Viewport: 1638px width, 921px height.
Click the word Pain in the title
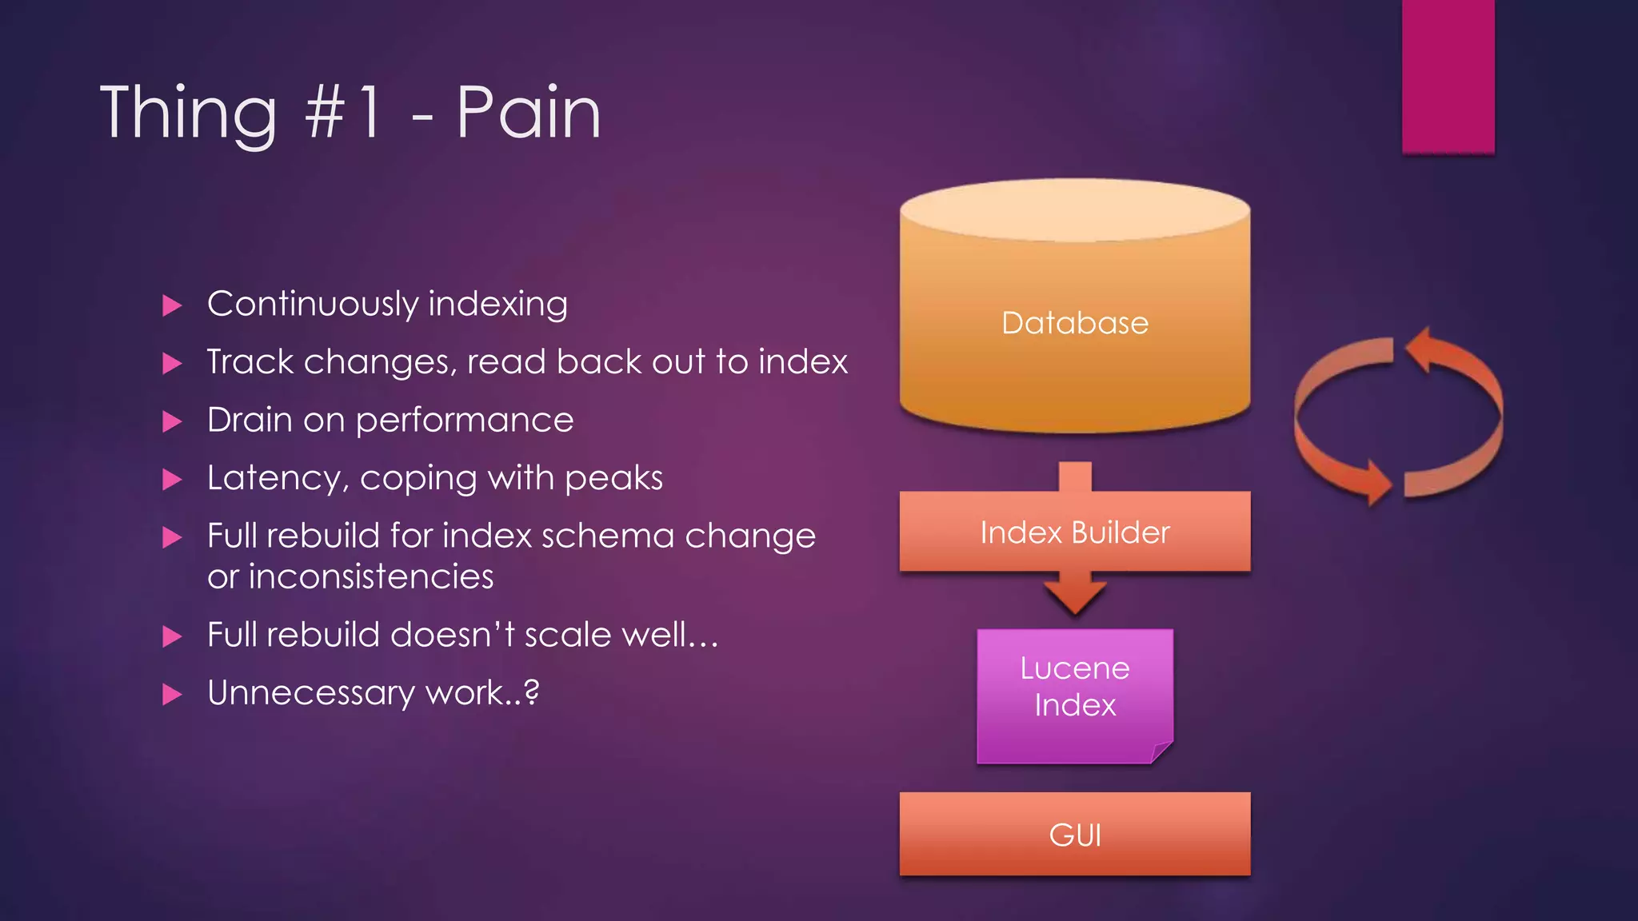click(528, 113)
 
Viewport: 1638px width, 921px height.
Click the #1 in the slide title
click(344, 113)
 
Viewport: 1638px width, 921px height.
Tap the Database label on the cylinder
click(1074, 323)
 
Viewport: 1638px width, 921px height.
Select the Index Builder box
click(1074, 532)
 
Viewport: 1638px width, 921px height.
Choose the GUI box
click(1074, 834)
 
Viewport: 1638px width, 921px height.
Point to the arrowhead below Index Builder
click(1074, 596)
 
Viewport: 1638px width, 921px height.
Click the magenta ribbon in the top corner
click(1448, 76)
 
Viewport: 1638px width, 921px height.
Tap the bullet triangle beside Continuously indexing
click(172, 305)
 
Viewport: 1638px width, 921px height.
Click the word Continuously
click(313, 305)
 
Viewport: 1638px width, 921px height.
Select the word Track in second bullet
click(250, 362)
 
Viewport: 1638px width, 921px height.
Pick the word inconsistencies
click(370, 577)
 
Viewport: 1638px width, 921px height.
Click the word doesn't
click(452, 635)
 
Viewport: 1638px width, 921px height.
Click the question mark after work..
click(531, 692)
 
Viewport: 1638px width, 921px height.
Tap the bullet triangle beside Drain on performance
click(172, 421)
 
